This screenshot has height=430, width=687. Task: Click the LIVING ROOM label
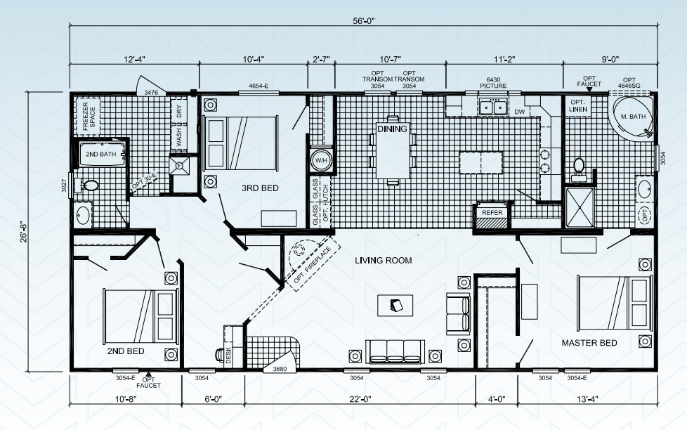click(383, 261)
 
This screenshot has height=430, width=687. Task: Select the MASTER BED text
click(589, 343)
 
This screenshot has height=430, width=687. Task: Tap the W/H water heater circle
click(321, 160)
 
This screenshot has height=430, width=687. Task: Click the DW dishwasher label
click(519, 112)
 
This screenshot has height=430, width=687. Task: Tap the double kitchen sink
click(493, 107)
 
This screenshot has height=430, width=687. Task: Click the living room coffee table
click(395, 306)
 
